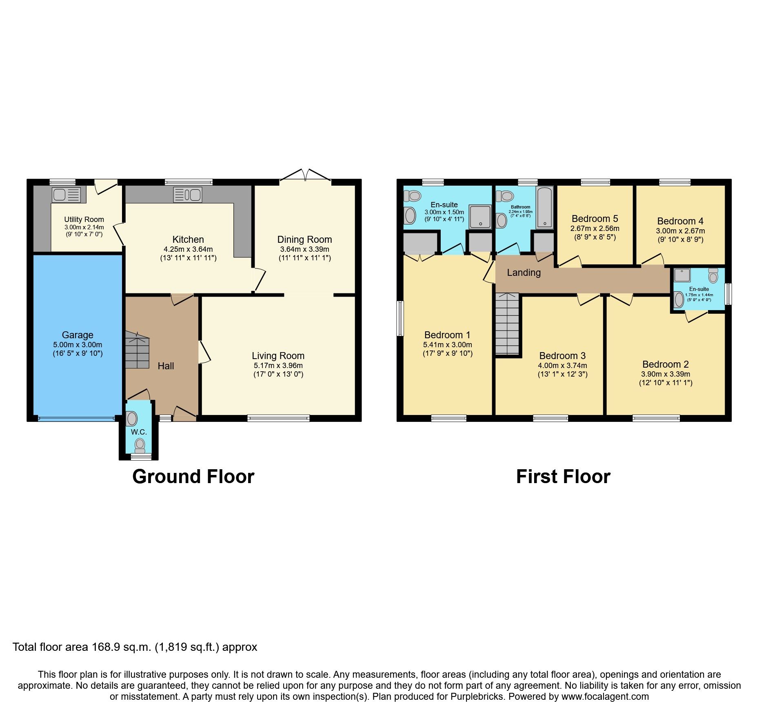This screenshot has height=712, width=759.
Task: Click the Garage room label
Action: point(78,335)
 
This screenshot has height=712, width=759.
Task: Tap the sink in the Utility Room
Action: point(66,195)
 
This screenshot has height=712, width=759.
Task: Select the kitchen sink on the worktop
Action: point(187,195)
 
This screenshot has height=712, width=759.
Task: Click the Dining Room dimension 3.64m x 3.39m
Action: point(304,249)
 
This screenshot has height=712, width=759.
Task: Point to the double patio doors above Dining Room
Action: point(305,175)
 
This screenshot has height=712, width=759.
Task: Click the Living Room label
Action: point(278,356)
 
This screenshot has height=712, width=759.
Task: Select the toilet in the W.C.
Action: point(140,445)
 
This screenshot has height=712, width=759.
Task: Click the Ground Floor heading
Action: point(193,477)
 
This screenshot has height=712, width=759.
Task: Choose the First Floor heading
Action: point(563,477)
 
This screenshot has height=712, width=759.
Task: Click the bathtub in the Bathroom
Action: point(545,207)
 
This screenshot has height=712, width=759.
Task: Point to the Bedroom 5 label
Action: point(595,219)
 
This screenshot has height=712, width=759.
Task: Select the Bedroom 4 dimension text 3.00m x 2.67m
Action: point(680,231)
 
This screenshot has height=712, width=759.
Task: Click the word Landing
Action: point(524,273)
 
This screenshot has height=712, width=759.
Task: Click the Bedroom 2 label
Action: point(665,364)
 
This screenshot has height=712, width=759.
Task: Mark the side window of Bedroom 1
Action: point(400,318)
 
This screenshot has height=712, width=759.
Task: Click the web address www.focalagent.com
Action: point(605,696)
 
